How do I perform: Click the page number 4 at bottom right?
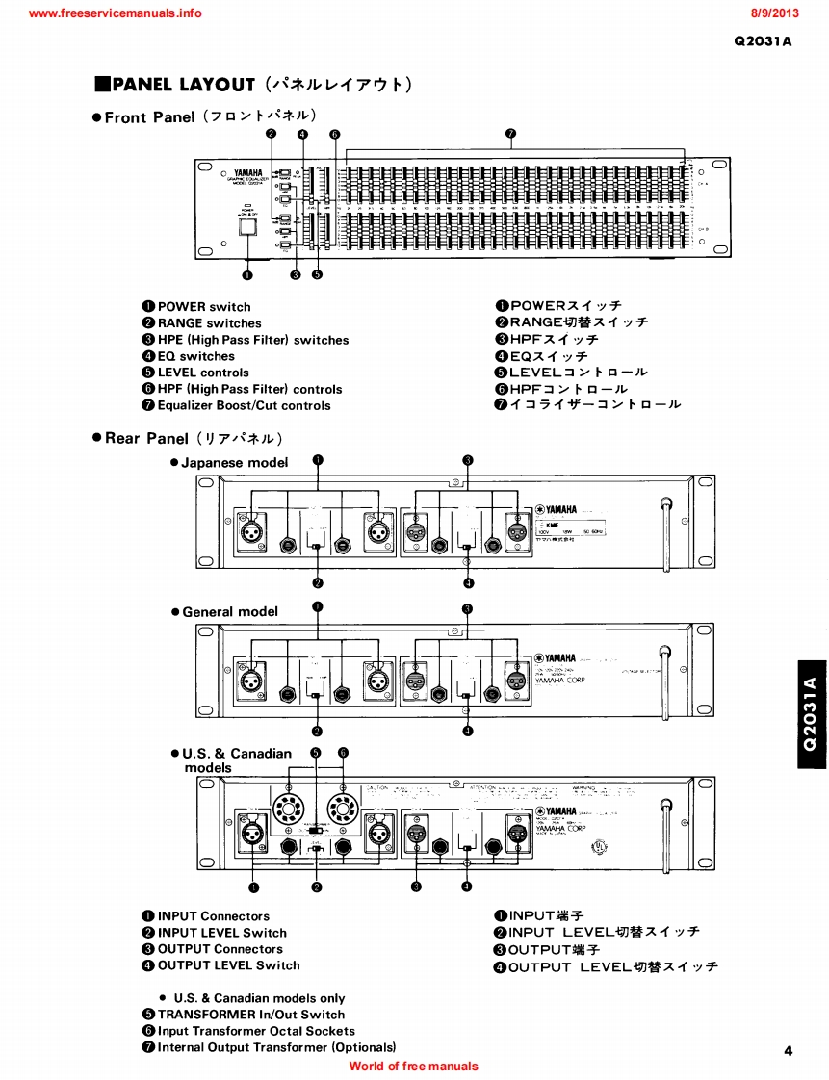point(788,1051)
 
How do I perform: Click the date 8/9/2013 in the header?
point(775,13)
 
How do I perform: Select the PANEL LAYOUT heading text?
point(183,85)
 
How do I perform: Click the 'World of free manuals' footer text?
point(413,1066)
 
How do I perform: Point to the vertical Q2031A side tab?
point(811,713)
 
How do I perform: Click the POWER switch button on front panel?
point(247,227)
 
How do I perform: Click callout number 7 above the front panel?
point(510,135)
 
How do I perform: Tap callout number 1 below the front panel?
point(247,274)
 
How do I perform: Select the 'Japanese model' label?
point(235,462)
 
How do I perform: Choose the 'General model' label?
point(230,611)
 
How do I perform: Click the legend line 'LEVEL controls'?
point(203,373)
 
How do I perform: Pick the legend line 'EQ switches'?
point(196,356)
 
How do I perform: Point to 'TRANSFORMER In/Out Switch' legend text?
point(250,1015)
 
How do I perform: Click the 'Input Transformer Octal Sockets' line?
point(256,1031)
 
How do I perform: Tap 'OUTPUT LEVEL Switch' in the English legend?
point(228,965)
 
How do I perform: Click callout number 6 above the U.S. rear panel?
point(343,753)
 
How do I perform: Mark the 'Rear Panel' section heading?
point(146,438)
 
